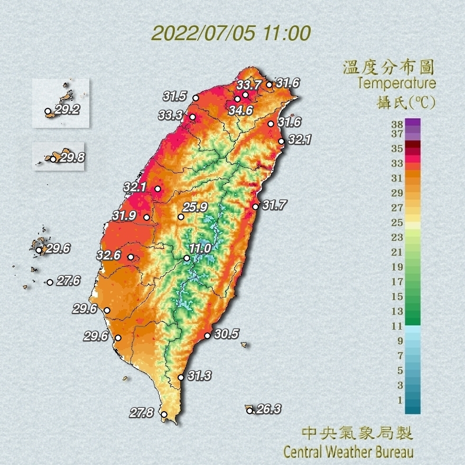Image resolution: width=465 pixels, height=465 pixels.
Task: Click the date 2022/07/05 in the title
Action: (x=203, y=33)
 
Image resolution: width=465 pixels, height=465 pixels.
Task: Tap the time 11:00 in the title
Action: (x=285, y=33)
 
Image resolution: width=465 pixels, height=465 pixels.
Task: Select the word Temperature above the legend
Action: (x=396, y=83)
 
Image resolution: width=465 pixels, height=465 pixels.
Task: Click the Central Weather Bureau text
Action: (x=348, y=452)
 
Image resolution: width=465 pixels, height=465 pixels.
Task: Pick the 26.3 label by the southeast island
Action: (x=269, y=408)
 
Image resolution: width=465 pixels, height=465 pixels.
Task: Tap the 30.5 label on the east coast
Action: (x=227, y=334)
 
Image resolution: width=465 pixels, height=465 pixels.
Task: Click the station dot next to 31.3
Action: (x=181, y=377)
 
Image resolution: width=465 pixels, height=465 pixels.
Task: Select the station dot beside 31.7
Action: (x=255, y=207)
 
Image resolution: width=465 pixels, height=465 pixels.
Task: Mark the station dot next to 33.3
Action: (x=192, y=117)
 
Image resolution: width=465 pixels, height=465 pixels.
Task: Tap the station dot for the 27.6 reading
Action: (x=50, y=282)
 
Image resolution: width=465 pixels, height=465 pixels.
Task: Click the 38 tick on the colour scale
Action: (x=397, y=125)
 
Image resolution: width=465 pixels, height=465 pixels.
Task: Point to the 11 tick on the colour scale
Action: (x=397, y=326)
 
